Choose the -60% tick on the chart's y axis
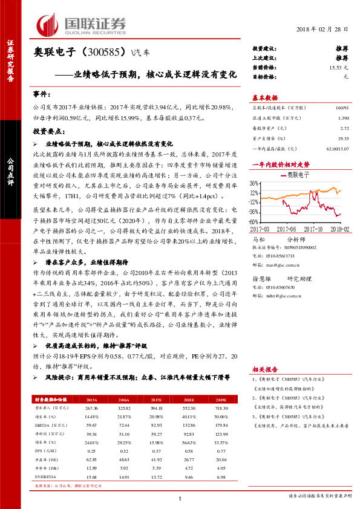click(x=254, y=222)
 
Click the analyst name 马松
click(x=258, y=239)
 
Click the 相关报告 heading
click(x=264, y=369)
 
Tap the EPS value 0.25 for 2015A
click(x=93, y=452)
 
